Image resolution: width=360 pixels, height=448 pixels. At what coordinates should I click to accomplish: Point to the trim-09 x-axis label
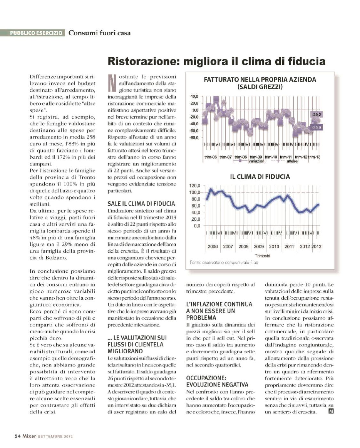[256, 157]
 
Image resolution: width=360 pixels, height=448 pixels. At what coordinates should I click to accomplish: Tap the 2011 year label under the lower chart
[289, 246]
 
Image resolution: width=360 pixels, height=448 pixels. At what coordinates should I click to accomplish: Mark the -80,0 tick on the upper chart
[195, 138]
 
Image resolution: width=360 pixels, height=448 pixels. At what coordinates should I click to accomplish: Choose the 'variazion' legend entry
[257, 161]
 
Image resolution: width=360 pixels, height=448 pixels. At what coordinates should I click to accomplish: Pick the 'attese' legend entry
[292, 161]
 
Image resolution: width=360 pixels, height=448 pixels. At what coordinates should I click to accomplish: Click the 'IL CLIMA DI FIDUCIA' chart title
[260, 176]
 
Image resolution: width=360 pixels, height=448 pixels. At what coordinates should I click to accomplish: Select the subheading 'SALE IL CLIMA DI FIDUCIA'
[141, 204]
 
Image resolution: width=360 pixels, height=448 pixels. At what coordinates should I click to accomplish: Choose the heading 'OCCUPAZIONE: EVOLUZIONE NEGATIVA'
[218, 381]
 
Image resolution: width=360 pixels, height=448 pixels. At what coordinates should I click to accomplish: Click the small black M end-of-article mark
[331, 411]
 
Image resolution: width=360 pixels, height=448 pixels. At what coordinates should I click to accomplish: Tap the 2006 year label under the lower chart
[212, 246]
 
